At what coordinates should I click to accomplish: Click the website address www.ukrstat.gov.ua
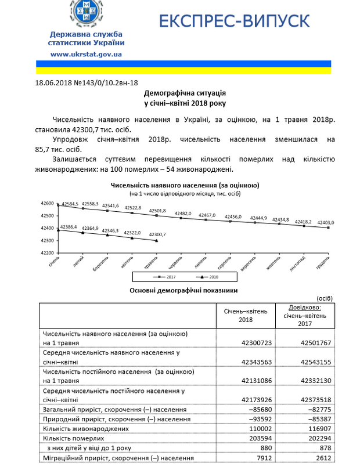pos(86,53)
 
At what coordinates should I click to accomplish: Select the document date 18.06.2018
pos(52,83)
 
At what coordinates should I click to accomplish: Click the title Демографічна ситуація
pos(185,93)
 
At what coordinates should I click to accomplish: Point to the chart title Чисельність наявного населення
pos(185,185)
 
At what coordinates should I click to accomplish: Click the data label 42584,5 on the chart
pos(69,204)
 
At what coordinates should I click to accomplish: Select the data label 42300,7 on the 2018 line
pos(157,234)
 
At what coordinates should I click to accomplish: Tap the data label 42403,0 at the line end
pos(324,222)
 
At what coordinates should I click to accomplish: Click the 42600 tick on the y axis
pos(48,204)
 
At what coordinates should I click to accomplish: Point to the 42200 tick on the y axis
pos(48,253)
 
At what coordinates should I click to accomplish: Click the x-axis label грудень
pos(323,262)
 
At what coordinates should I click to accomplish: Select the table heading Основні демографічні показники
pos(185,290)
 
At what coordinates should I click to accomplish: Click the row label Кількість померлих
pos(74,438)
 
